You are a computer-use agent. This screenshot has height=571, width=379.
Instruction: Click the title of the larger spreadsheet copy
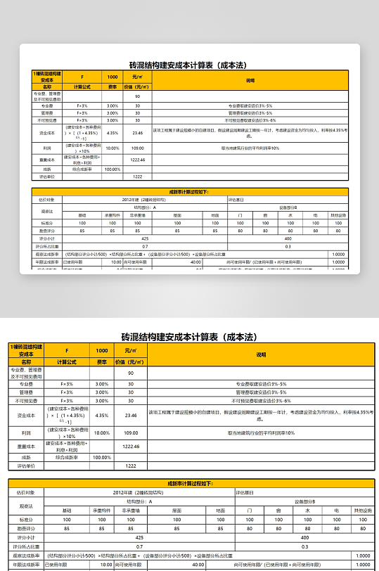[190, 337]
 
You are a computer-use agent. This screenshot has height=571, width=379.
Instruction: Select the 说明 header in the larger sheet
[261, 355]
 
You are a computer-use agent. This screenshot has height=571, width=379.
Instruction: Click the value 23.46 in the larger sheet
[130, 416]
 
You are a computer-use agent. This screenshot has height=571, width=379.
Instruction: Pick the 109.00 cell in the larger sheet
[130, 433]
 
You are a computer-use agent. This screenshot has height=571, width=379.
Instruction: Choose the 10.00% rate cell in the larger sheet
[102, 433]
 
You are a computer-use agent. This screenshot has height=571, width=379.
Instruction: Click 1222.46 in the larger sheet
[130, 446]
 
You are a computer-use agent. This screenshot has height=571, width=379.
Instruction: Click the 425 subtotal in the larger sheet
[139, 537]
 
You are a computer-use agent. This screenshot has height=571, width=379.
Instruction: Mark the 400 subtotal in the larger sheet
[304, 537]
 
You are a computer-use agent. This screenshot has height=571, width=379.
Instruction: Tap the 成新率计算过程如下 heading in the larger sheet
[190, 484]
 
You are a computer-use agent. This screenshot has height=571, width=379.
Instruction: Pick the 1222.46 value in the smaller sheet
[138, 160]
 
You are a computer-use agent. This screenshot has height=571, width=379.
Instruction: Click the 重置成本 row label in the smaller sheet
[48, 160]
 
